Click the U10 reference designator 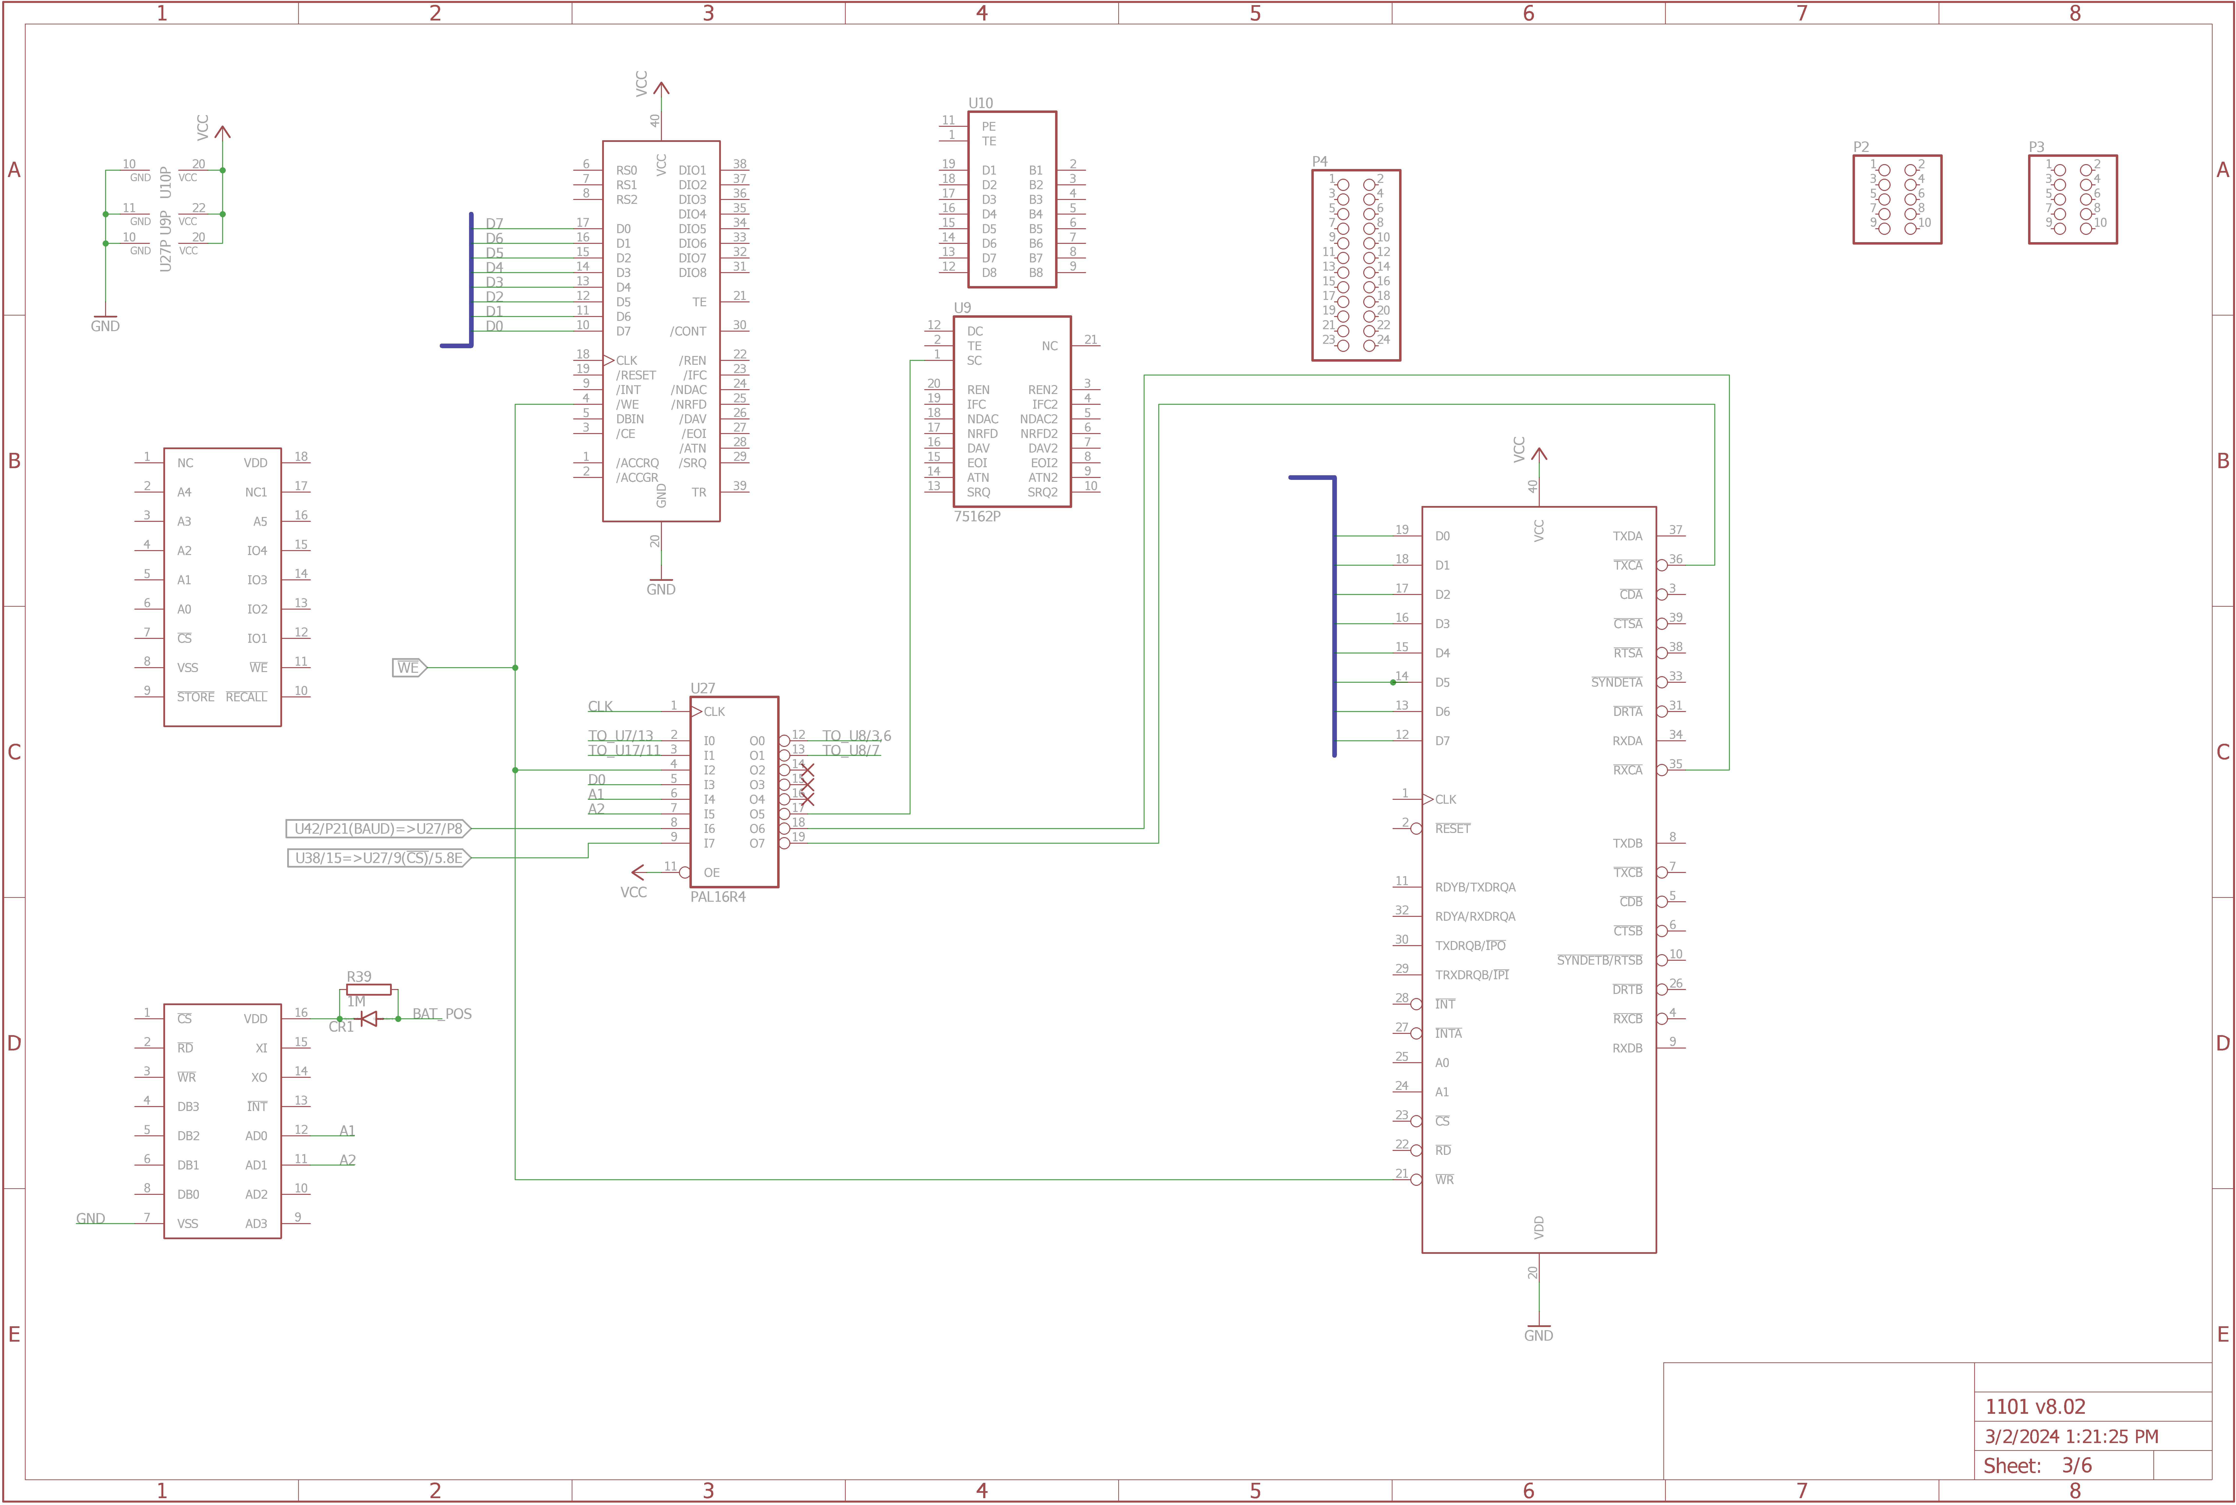[x=980, y=103]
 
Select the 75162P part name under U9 [x=977, y=516]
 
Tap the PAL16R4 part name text [x=718, y=896]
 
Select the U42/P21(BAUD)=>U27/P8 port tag [x=378, y=828]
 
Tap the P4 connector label [x=1320, y=161]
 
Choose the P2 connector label [x=1861, y=147]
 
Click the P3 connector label [x=2036, y=147]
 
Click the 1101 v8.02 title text [x=2034, y=1407]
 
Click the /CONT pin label [x=688, y=331]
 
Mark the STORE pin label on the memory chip [x=196, y=697]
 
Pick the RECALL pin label [x=247, y=697]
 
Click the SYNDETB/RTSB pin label [x=1600, y=960]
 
